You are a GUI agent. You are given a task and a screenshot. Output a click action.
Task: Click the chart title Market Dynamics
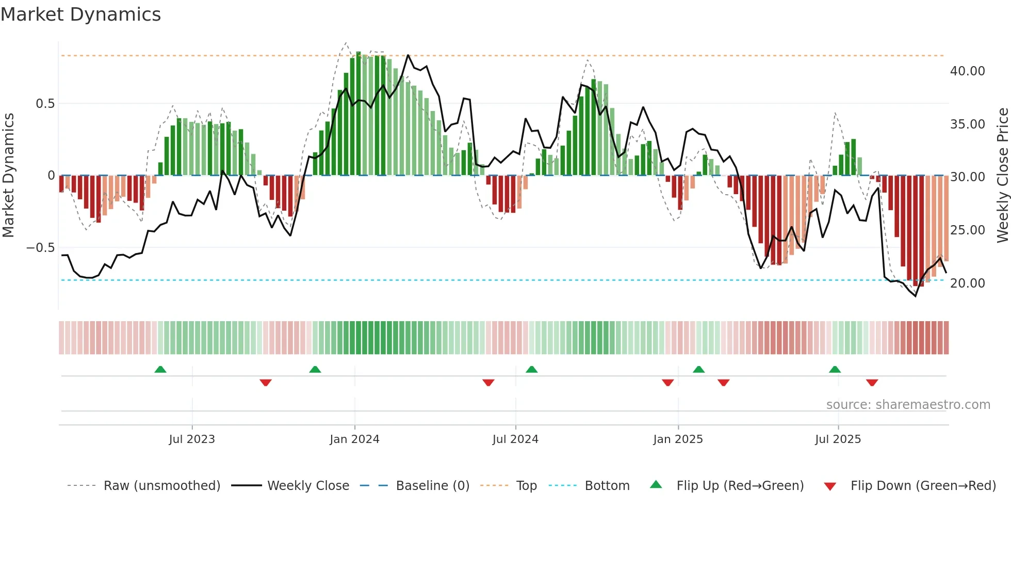tap(81, 14)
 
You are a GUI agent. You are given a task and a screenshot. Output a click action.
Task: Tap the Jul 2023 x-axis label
tap(192, 439)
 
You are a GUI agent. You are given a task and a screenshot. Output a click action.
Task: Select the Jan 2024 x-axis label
tap(354, 439)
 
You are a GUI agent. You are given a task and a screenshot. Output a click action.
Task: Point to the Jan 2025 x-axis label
tap(678, 439)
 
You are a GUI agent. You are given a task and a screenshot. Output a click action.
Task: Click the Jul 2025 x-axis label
tap(838, 439)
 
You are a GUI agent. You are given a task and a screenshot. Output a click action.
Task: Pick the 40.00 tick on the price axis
tap(967, 71)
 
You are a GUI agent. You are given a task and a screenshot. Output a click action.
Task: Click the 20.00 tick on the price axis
tap(967, 283)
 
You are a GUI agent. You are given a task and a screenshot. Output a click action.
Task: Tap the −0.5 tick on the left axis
tap(40, 248)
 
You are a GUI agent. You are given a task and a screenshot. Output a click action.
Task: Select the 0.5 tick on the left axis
tap(45, 104)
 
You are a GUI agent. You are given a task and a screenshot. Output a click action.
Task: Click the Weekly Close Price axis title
tap(1002, 176)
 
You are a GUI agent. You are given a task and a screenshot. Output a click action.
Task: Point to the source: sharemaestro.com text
tap(908, 405)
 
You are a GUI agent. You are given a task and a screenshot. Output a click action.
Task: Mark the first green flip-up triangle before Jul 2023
tap(160, 369)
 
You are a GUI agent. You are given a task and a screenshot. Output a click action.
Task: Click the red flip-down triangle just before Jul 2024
tap(488, 383)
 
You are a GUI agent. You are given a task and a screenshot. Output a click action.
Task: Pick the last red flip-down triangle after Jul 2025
tap(872, 383)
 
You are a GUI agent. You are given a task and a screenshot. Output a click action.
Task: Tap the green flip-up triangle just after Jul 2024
tap(531, 369)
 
